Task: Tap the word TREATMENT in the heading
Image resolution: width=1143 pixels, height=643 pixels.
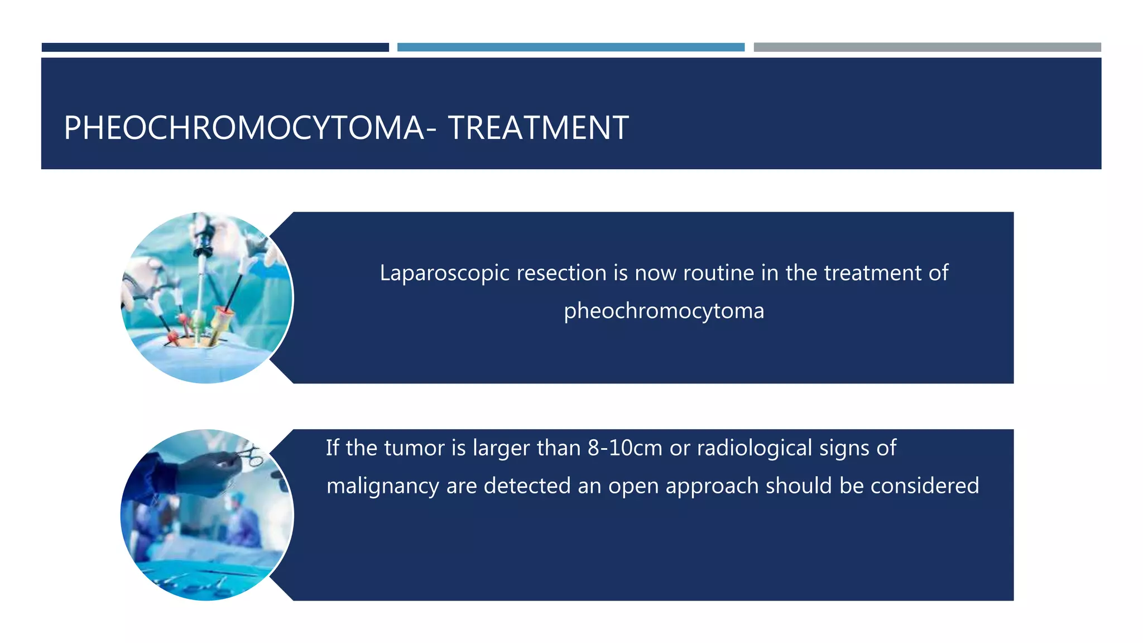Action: (x=538, y=128)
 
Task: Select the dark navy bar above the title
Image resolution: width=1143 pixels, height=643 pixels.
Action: (x=215, y=47)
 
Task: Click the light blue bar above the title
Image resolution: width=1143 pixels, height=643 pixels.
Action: (x=570, y=47)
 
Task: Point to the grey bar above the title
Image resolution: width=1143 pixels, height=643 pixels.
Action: (x=926, y=47)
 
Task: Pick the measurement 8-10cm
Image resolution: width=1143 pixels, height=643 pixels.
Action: (x=625, y=448)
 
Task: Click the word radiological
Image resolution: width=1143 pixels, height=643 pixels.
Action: (x=754, y=448)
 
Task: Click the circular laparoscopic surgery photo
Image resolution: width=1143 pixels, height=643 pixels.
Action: (x=206, y=297)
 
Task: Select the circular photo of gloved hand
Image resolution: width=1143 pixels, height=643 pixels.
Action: (x=206, y=515)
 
